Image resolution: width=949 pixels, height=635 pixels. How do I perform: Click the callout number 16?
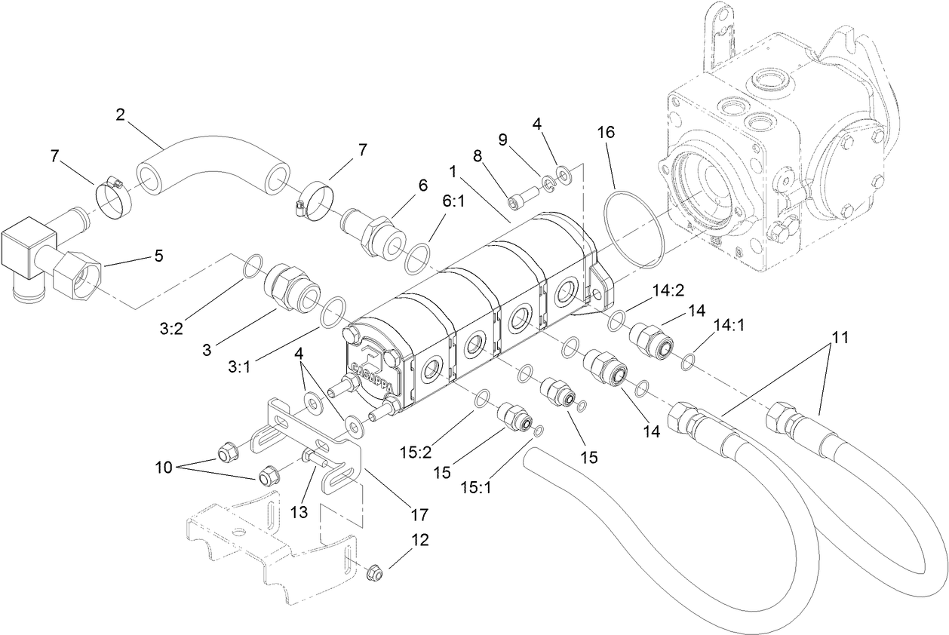[607, 133]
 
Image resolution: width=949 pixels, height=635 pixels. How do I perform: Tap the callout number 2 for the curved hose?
[120, 115]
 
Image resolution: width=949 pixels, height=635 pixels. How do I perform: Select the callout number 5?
[158, 256]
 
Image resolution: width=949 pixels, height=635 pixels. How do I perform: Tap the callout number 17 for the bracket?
[419, 514]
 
